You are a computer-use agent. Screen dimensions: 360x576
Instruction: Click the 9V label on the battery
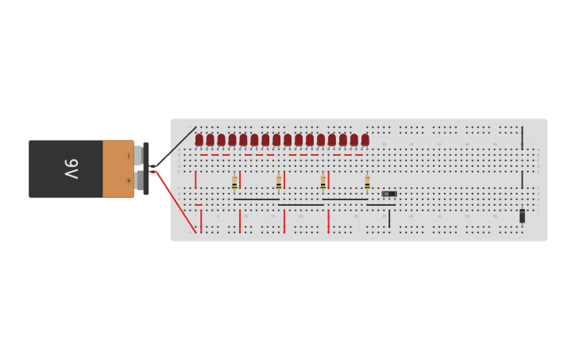coord(72,168)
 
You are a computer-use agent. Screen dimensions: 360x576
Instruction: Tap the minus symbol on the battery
coord(129,156)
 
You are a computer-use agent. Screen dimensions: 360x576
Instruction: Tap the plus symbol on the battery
coord(129,181)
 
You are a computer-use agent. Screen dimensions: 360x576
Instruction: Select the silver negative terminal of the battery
coord(138,153)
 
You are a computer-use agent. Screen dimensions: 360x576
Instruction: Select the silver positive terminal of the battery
coord(139,181)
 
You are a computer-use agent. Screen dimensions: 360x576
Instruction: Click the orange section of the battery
coord(118,168)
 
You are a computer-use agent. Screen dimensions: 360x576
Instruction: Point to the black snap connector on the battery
coord(146,168)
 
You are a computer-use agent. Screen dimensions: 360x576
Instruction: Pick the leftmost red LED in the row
coord(199,140)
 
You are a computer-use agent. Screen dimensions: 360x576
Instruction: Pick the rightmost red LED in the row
coord(365,140)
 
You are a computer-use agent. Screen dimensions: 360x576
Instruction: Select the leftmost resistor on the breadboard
coord(234,183)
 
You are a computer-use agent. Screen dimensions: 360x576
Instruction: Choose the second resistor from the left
coord(279,183)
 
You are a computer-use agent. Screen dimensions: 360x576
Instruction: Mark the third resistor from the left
coord(323,183)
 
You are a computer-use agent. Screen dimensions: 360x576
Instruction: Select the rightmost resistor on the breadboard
coord(367,183)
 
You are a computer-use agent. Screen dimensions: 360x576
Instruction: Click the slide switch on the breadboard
coord(389,193)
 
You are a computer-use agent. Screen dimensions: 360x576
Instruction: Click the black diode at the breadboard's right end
coord(522,215)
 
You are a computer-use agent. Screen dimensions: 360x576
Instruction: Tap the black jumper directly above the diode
coord(522,180)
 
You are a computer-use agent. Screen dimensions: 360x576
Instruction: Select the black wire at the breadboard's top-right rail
coord(522,137)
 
